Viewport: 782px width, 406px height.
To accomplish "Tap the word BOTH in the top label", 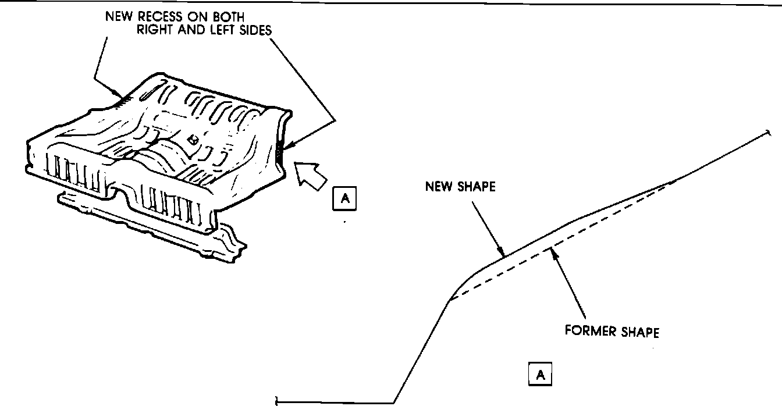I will pyautogui.click(x=228, y=16).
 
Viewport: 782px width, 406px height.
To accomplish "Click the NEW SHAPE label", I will pyautogui.click(x=460, y=187).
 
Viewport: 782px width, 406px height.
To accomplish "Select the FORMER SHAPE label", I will pyautogui.click(x=612, y=332).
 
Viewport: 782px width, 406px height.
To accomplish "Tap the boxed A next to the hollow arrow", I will pyautogui.click(x=346, y=198).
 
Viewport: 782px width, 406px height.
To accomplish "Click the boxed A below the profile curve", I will pyautogui.click(x=540, y=375).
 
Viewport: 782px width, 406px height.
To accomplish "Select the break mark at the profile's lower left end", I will pyautogui.click(x=277, y=400).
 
